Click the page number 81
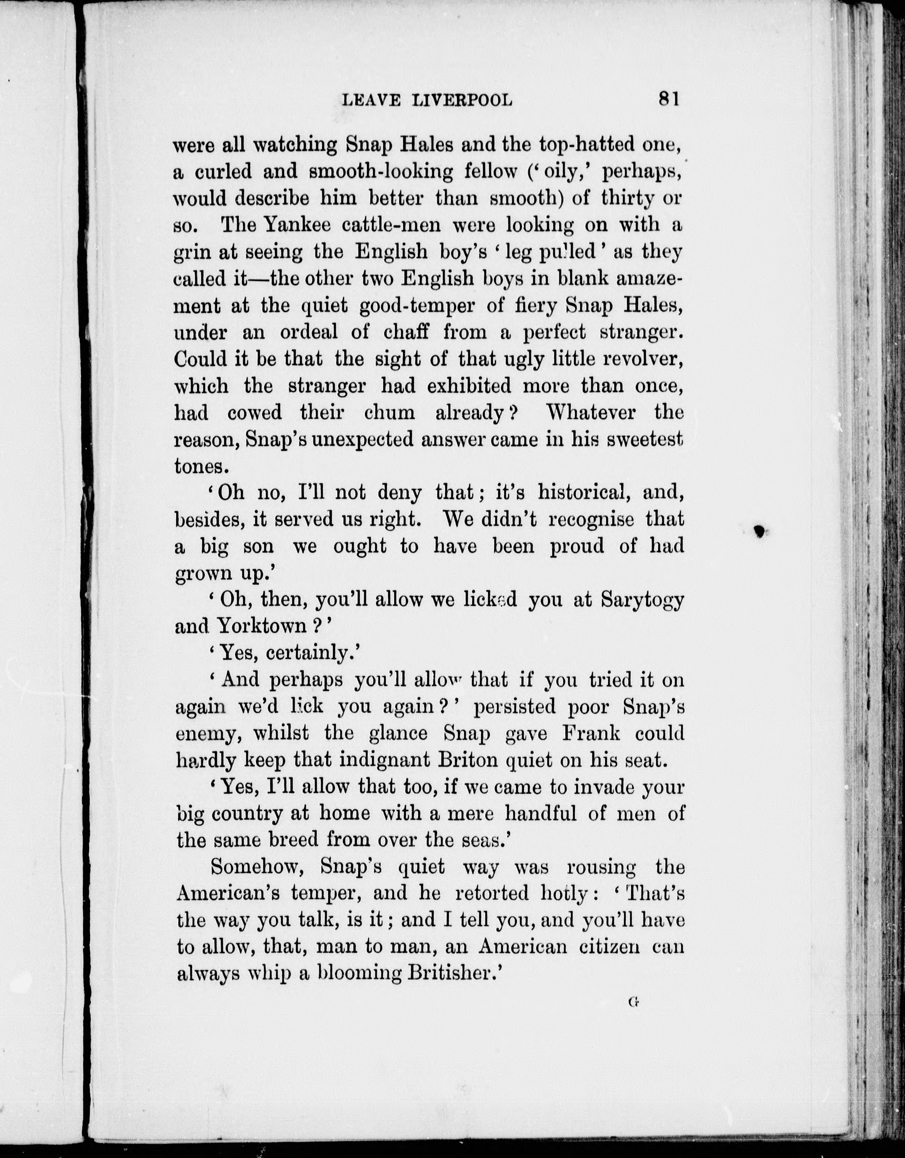[x=668, y=99]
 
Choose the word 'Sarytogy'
[x=642, y=600]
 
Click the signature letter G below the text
[x=632, y=1002]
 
